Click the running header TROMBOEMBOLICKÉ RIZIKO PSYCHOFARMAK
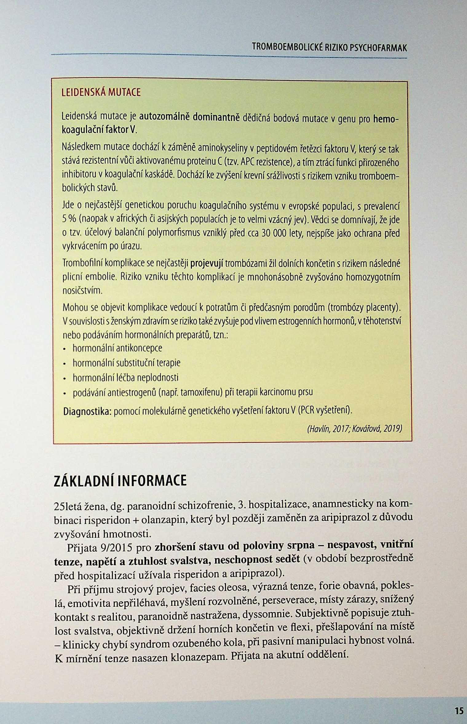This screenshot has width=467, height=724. pyautogui.click(x=329, y=48)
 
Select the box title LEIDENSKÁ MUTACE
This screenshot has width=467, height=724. pyautogui.click(x=101, y=93)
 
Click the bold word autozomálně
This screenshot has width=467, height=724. pyautogui.click(x=164, y=117)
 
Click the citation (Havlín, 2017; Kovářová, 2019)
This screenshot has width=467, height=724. pyautogui.click(x=354, y=428)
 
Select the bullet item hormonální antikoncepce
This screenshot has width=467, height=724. pyautogui.click(x=117, y=348)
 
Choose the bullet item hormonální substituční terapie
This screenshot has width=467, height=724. pyautogui.click(x=126, y=363)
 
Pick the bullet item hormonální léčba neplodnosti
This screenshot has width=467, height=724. pyautogui.click(x=125, y=378)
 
